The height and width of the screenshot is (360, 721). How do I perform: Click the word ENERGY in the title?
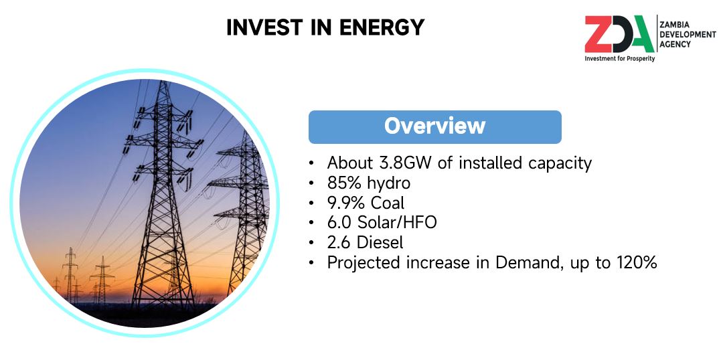coord(382,27)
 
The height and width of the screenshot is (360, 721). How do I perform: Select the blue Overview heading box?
coord(434,127)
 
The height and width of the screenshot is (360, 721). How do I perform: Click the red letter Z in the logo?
coord(598,35)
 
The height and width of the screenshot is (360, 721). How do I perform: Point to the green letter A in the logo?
coord(641,35)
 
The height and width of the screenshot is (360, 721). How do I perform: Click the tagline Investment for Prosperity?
coord(620,59)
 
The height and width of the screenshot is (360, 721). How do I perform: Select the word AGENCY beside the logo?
coord(675,44)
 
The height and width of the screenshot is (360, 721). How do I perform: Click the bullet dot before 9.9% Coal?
coord(312,203)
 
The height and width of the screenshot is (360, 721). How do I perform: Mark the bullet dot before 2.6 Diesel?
coord(312,243)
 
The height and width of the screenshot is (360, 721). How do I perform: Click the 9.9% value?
coord(344,203)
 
